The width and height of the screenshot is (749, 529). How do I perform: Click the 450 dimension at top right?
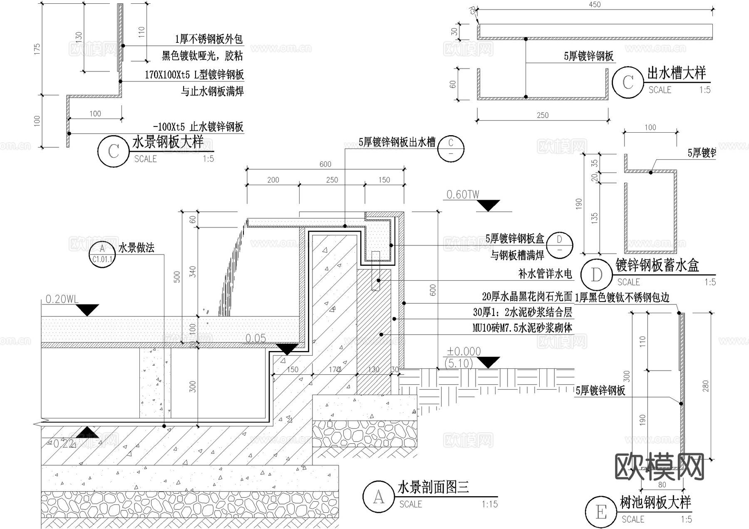point(595,5)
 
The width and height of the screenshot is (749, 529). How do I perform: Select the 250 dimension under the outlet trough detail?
point(542,115)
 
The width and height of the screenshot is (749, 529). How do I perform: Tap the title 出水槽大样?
point(676,74)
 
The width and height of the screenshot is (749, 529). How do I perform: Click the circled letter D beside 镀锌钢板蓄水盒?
point(596,274)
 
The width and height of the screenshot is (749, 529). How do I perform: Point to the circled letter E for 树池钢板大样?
point(601,512)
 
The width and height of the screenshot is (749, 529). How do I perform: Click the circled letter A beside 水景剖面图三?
point(378,497)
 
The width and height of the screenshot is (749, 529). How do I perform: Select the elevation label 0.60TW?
point(463,194)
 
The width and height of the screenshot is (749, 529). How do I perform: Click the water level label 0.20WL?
point(62,299)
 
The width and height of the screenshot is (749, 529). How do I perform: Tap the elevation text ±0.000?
point(464,351)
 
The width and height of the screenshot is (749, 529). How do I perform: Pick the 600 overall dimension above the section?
point(325,164)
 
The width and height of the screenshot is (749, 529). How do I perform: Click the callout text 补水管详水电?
point(545,274)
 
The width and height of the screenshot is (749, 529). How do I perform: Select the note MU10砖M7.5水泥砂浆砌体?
point(522,328)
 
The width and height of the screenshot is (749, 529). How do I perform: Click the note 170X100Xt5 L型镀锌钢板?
point(194,75)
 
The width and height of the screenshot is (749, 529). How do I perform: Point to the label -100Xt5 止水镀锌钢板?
point(198,127)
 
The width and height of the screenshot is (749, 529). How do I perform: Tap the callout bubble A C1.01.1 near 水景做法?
point(102,254)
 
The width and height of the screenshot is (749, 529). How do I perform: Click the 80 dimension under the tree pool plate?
point(662,485)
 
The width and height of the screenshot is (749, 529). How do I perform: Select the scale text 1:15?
point(489,504)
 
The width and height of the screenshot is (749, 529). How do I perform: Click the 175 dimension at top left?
point(37,49)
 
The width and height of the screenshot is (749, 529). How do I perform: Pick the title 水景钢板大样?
point(168,142)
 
